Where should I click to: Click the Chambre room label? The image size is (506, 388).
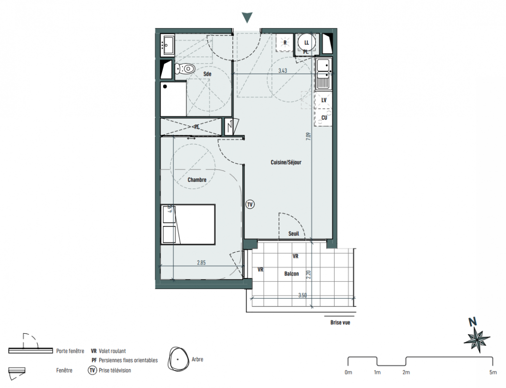click(197, 180)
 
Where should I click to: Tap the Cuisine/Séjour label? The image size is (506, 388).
click(286, 162)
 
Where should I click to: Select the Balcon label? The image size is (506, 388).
click(291, 274)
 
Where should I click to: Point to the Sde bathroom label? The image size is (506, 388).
click(207, 74)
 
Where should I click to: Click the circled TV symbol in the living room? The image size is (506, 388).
click(250, 204)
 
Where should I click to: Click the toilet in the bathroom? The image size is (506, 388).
click(185, 68)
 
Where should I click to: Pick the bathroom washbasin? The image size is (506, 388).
click(168, 45)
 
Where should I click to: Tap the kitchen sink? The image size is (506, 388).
click(323, 74)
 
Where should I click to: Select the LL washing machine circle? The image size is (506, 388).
click(306, 42)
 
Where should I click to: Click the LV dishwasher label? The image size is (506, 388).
click(324, 100)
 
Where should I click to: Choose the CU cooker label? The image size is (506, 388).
click(324, 118)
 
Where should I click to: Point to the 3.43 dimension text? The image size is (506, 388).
click(283, 70)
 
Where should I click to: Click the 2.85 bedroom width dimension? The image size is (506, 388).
click(201, 263)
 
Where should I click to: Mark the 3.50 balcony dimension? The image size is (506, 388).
click(302, 295)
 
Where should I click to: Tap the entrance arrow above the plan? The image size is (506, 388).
click(247, 18)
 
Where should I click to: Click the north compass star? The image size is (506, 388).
click(477, 339)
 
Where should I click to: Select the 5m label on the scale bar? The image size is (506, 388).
click(493, 372)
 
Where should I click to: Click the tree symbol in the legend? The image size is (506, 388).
click(178, 359)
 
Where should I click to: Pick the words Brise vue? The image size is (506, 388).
click(340, 323)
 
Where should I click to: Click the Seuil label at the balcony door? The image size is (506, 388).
click(293, 233)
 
